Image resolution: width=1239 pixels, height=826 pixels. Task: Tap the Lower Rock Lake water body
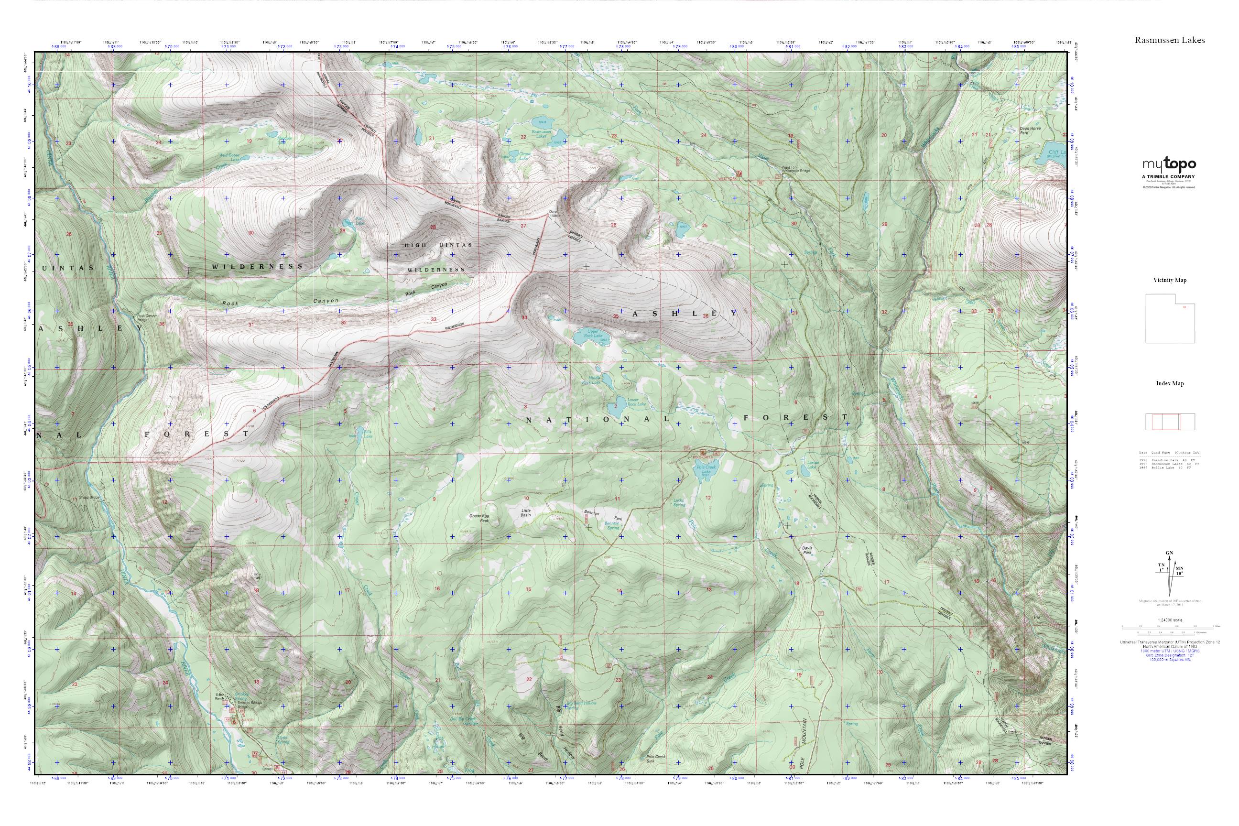click(x=615, y=406)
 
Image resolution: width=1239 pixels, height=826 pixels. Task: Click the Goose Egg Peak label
click(x=479, y=518)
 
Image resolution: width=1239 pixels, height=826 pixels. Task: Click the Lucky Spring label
click(x=680, y=503)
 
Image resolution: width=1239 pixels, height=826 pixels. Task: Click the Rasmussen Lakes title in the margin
click(x=1170, y=40)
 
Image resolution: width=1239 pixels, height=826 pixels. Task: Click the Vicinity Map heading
click(x=1170, y=280)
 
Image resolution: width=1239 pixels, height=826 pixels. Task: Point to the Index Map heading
click(x=1170, y=383)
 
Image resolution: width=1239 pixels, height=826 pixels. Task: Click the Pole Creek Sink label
click(x=656, y=759)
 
